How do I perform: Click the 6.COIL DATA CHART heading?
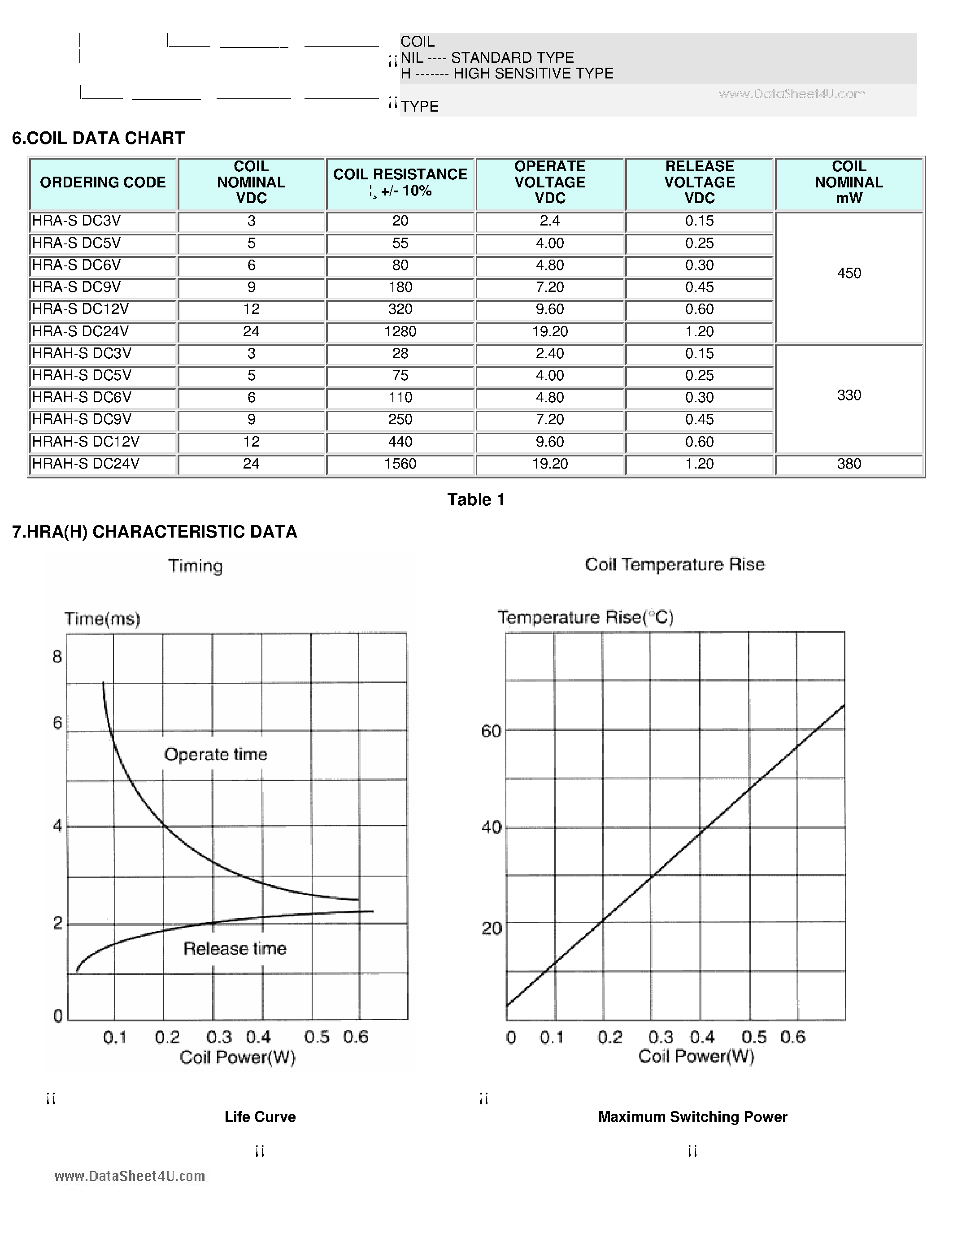point(98,138)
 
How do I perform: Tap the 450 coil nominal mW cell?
point(849,273)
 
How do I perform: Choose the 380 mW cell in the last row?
point(849,464)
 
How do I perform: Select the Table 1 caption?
point(475,499)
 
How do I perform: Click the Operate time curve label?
point(216,754)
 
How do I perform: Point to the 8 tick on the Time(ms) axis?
point(57,656)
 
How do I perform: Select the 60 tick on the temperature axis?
point(491,731)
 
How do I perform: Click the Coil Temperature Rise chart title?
point(674,564)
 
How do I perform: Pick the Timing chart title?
point(196,566)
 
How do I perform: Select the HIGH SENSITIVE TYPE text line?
point(506,74)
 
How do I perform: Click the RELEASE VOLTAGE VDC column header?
point(699,182)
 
